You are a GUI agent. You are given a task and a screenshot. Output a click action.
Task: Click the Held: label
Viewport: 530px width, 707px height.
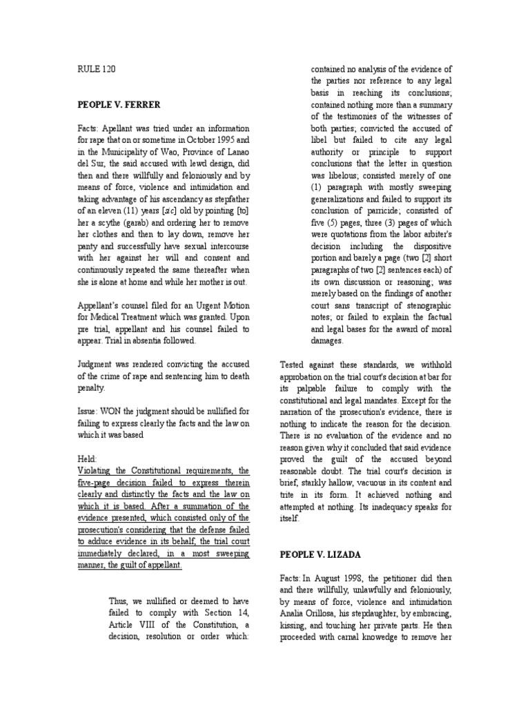coord(88,458)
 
